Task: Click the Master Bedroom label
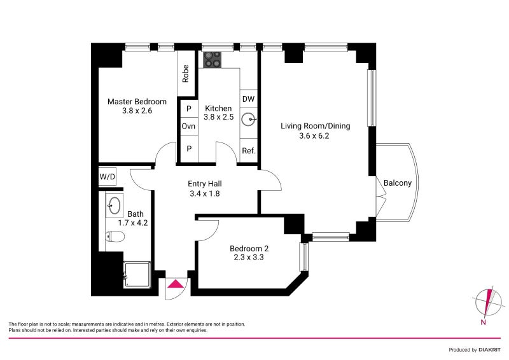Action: coord(137,102)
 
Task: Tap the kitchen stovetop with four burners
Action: coord(213,60)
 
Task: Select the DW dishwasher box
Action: coord(248,99)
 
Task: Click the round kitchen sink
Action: coord(249,119)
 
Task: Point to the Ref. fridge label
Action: coord(249,151)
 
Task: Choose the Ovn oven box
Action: coord(188,126)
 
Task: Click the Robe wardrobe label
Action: coord(186,74)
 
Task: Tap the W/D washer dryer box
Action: coord(107,177)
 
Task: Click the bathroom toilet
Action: coord(115,236)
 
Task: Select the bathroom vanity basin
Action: coord(114,205)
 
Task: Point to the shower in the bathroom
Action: coord(137,275)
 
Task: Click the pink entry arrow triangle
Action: coord(176,284)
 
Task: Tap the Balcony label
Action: coord(397,183)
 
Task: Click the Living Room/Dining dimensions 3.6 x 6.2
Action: coord(314,135)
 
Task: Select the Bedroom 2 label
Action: coord(249,249)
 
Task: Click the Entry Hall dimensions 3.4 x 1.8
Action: coord(204,194)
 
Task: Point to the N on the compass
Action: coord(483,322)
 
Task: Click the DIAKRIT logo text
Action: coord(489,350)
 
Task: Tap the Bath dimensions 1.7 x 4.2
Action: coord(132,223)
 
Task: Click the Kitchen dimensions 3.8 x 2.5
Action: coord(218,117)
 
